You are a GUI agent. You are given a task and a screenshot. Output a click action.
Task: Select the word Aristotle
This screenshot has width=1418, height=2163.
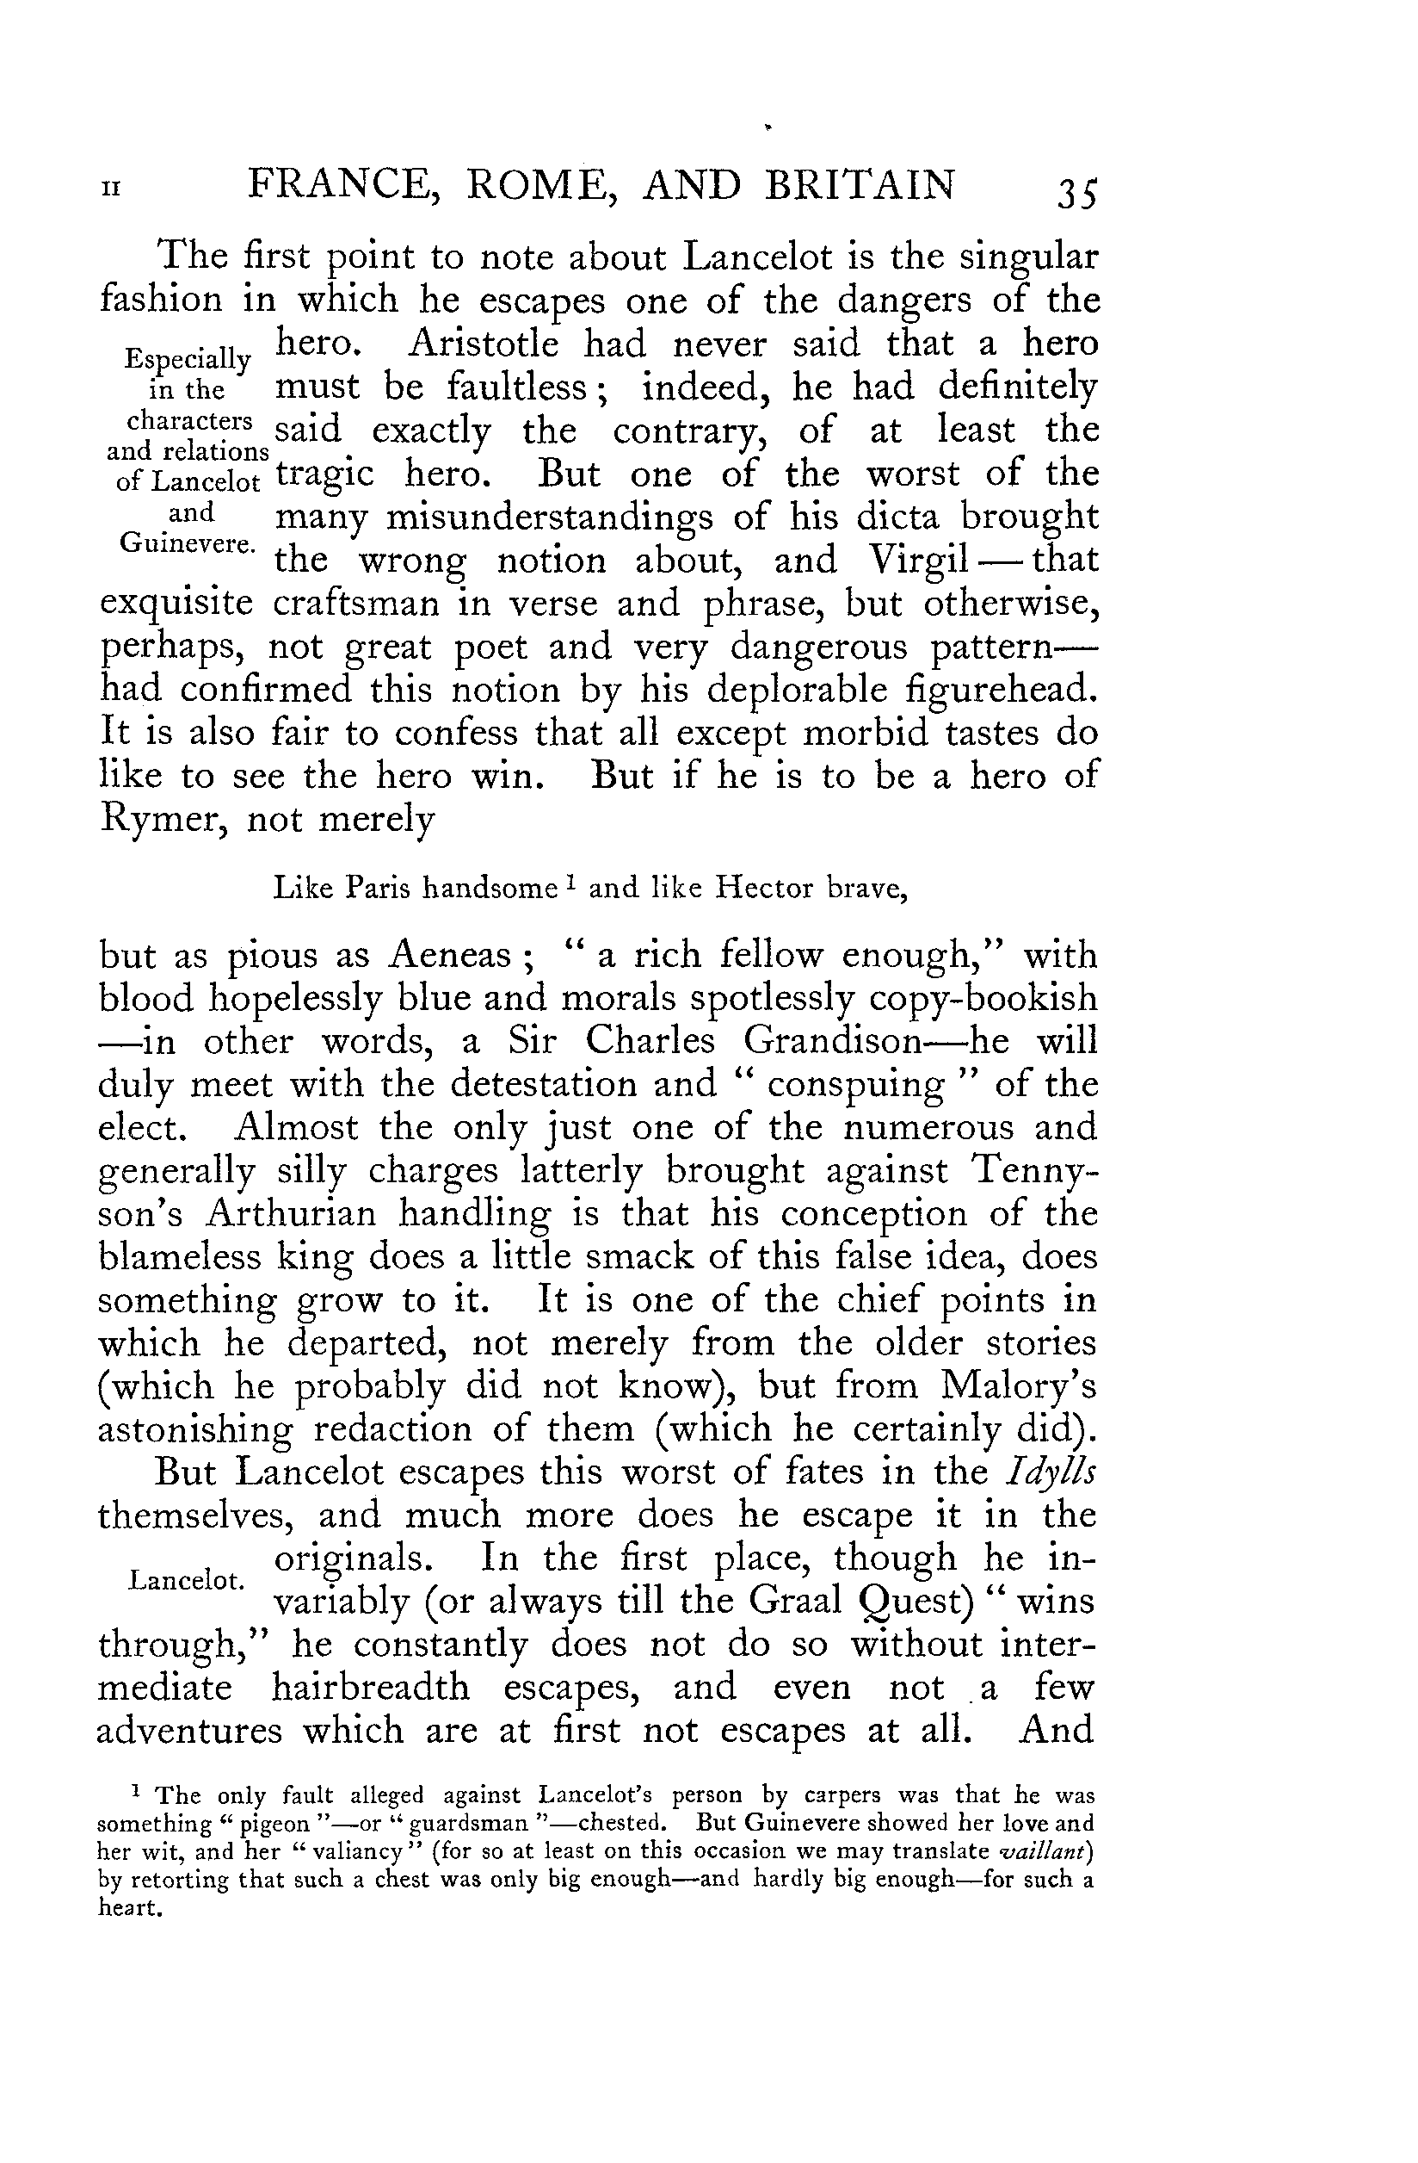point(484,344)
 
